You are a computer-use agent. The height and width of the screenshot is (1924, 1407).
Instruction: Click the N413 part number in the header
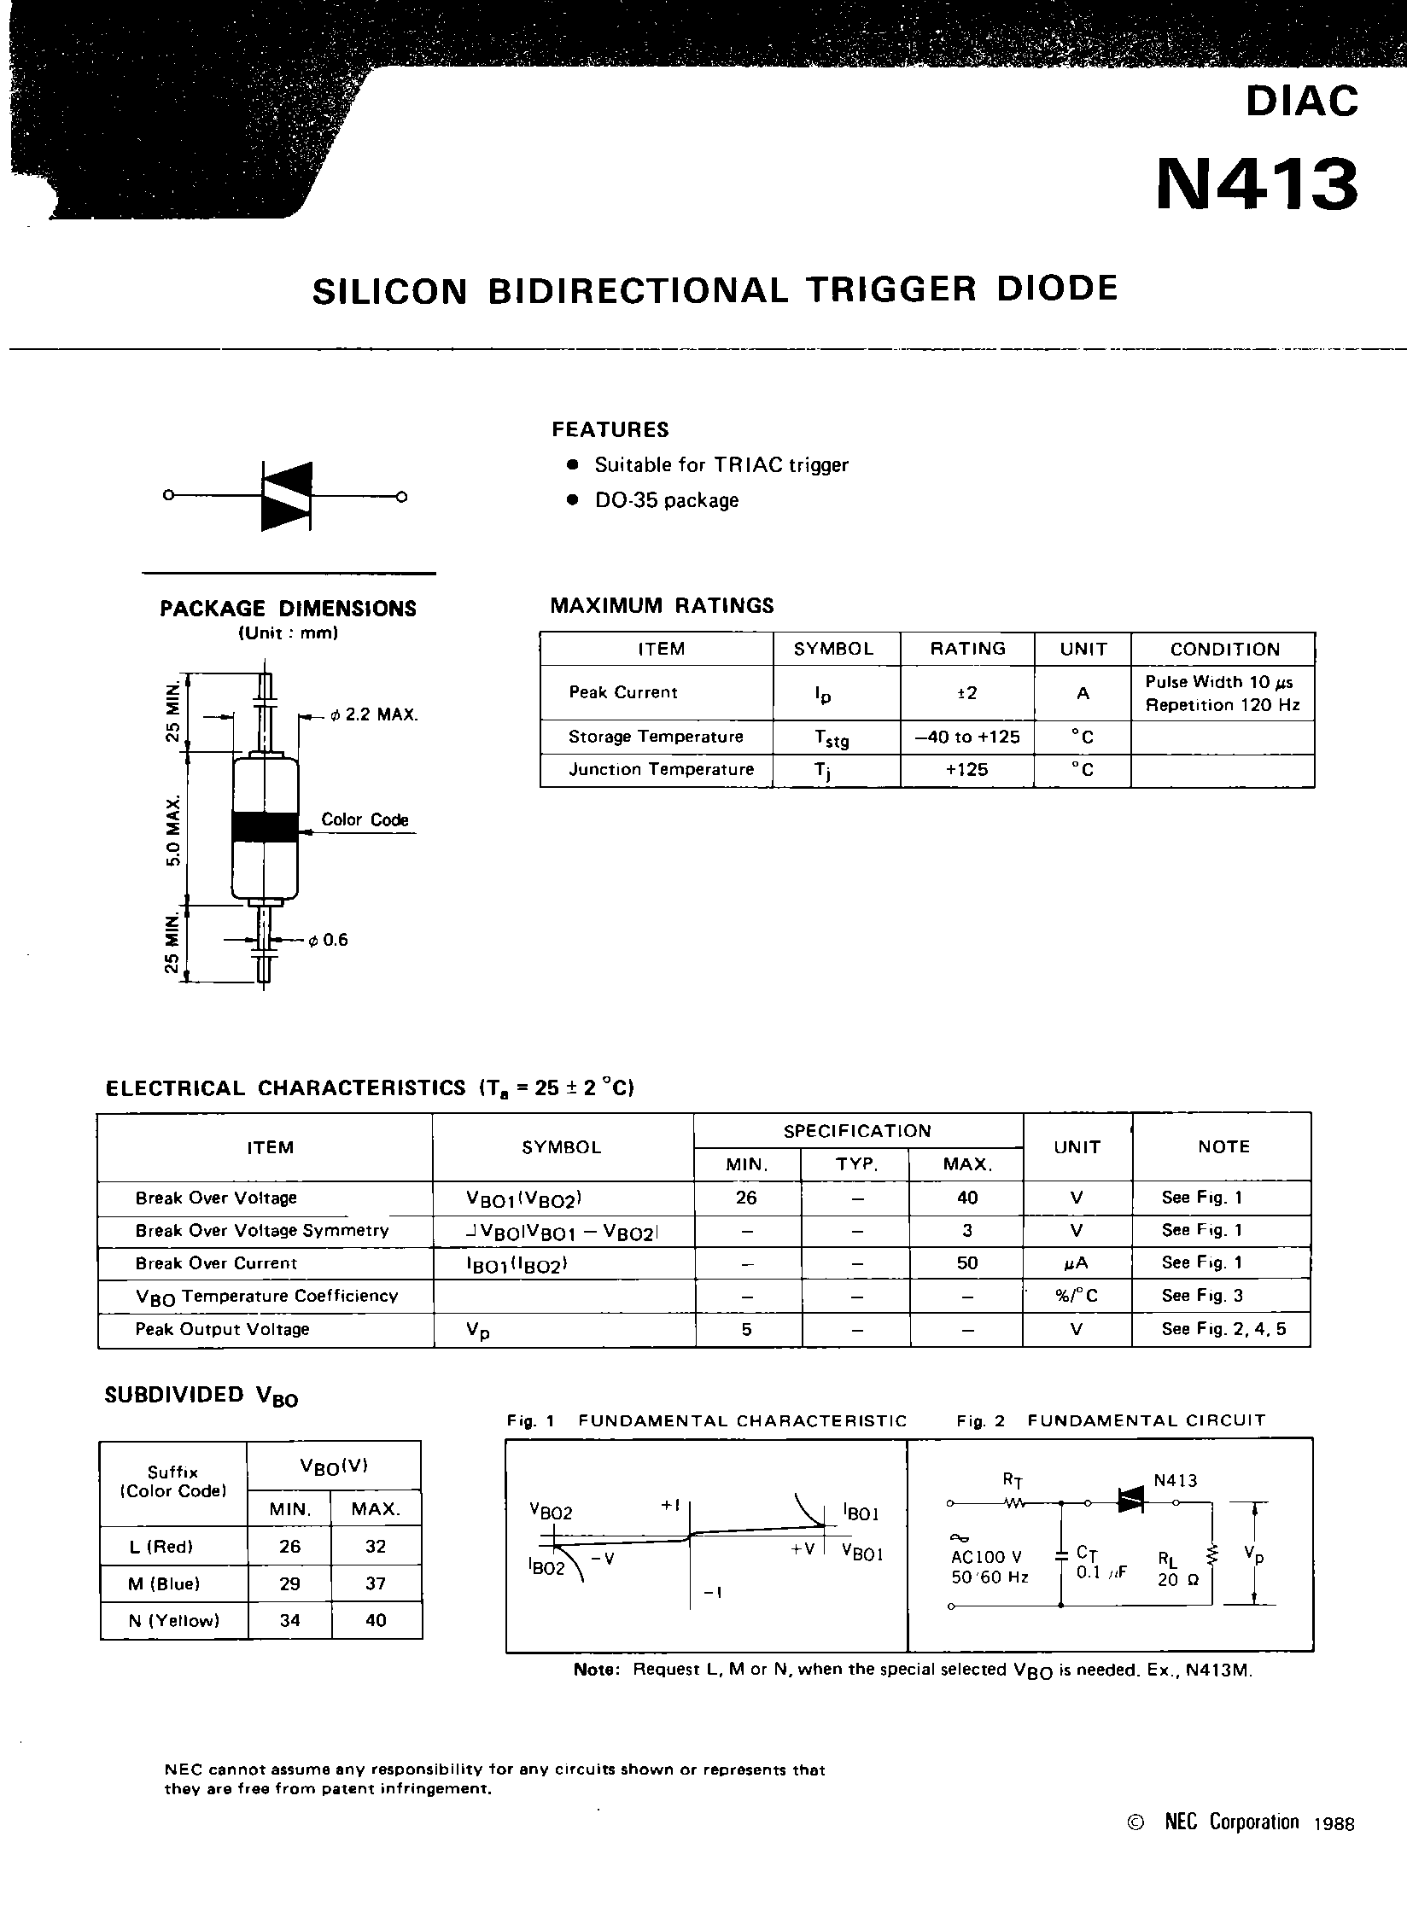pos(1256,185)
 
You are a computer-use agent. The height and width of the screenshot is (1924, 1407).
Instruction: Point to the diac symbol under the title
pos(286,496)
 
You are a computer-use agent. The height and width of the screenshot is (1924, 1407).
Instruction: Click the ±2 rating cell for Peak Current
pos(966,693)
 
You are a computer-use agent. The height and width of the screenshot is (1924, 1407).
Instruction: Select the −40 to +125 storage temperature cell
pos(966,737)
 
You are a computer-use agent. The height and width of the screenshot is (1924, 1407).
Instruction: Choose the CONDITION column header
pos(1224,649)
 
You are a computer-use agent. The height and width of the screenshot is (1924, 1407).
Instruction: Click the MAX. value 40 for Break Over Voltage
pos(966,1198)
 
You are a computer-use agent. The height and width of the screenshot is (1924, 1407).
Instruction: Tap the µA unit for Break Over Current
pos(1077,1263)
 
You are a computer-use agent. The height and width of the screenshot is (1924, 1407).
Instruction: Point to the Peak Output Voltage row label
pos(222,1329)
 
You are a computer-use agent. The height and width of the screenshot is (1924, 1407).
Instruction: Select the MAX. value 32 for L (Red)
pos(376,1546)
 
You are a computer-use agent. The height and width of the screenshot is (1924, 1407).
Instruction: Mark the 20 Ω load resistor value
pos(1178,1580)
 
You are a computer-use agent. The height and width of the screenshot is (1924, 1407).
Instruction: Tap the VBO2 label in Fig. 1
pos(551,1511)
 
